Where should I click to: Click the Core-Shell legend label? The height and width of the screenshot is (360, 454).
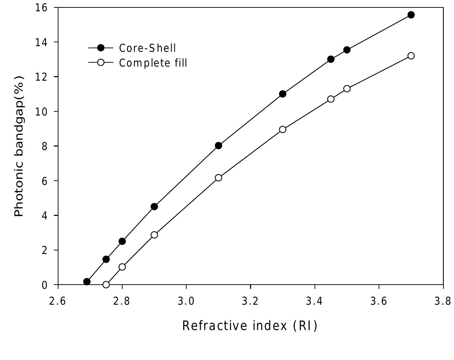pyautogui.click(x=147, y=48)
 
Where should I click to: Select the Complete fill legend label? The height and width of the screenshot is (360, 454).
pyautogui.click(x=153, y=63)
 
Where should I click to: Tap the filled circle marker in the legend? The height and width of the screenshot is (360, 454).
pyautogui.click(x=101, y=48)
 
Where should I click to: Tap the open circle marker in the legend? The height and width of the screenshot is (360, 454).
pyautogui.click(x=101, y=62)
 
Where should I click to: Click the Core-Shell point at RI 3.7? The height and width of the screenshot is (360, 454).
pyautogui.click(x=411, y=15)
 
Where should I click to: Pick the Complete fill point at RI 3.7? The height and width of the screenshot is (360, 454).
pyautogui.click(x=411, y=56)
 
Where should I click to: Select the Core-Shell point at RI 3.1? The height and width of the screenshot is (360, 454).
pyautogui.click(x=218, y=145)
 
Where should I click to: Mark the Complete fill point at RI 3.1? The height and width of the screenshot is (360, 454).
pyautogui.click(x=218, y=178)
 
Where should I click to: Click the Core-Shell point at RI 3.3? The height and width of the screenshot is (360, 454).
pyautogui.click(x=282, y=94)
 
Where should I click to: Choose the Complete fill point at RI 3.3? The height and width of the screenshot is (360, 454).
pyautogui.click(x=282, y=129)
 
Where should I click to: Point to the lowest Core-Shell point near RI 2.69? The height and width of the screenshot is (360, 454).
pyautogui.click(x=87, y=281)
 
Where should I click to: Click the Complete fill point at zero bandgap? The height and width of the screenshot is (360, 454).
pyautogui.click(x=106, y=284)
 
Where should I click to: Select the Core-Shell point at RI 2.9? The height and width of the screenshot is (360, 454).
pyautogui.click(x=154, y=206)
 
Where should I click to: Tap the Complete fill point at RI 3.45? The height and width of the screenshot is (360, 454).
pyautogui.click(x=331, y=99)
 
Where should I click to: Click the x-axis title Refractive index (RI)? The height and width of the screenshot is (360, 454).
pyautogui.click(x=250, y=325)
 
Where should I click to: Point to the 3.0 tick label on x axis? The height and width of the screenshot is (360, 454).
pyautogui.click(x=186, y=302)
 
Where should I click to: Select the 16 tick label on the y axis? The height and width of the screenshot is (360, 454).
pyautogui.click(x=41, y=7)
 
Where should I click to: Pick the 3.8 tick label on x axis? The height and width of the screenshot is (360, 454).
pyautogui.click(x=443, y=302)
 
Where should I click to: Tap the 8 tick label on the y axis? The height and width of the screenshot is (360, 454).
pyautogui.click(x=44, y=146)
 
